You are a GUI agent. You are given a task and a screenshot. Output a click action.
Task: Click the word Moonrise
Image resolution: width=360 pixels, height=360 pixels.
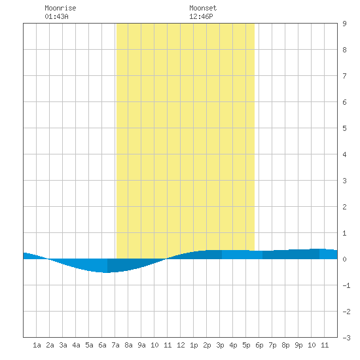point(60,8)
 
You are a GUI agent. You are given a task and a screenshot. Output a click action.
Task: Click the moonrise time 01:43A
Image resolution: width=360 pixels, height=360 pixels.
point(56,16)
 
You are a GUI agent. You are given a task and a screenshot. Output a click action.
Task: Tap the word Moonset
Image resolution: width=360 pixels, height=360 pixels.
point(203,8)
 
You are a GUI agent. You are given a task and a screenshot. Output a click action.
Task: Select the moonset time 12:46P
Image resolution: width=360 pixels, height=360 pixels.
point(201,16)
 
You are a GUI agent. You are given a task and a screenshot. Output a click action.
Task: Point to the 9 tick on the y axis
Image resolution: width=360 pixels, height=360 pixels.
point(344,24)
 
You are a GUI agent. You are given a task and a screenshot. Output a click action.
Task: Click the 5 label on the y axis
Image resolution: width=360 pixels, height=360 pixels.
point(344,128)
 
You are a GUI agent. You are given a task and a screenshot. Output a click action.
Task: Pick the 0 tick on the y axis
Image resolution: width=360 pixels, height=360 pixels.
point(344,259)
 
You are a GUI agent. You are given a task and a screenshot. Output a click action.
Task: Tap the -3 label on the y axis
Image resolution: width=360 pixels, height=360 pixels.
point(346,338)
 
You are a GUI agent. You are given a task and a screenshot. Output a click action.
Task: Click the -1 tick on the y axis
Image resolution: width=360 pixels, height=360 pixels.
point(346,285)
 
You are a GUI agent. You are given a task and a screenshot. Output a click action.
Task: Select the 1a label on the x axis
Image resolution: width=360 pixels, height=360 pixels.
point(37,345)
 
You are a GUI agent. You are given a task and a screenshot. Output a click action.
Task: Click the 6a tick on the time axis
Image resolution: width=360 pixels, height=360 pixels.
point(102,345)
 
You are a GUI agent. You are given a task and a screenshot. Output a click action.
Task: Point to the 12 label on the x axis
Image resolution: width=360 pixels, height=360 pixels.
point(181,345)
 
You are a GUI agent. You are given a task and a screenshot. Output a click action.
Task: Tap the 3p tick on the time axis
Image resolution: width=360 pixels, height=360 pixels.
point(220,345)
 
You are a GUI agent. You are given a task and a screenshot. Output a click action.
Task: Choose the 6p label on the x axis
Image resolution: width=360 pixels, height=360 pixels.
point(259,345)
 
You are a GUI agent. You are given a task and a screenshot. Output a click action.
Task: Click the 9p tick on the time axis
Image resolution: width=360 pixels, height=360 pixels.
point(298,345)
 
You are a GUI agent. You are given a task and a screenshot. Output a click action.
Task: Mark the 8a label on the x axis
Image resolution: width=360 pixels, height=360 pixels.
point(128,345)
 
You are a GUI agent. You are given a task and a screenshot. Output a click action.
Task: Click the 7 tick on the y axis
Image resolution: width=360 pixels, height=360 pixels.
point(344,76)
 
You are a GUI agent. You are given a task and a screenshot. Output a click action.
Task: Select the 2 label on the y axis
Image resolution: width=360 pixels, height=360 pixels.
point(344,207)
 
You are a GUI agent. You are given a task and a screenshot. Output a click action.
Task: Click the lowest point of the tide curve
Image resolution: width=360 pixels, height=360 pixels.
point(107,272)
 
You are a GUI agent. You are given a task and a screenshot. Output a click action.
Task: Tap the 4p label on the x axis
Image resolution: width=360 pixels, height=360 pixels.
point(233,345)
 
